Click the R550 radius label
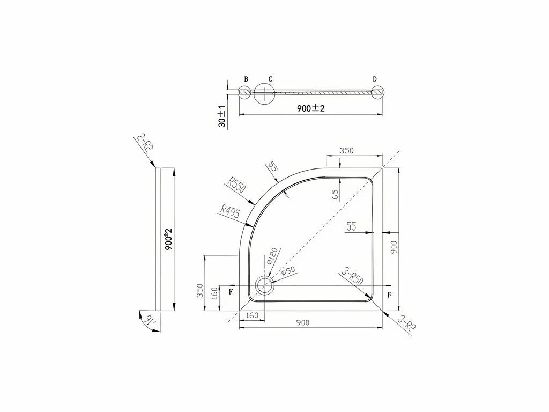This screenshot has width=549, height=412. pyautogui.click(x=237, y=185)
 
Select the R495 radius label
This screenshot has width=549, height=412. pyautogui.click(x=229, y=211)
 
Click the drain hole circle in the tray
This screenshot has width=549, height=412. pyautogui.click(x=265, y=285)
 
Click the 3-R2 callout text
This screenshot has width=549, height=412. pyautogui.click(x=407, y=324)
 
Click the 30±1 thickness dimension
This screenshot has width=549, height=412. pyautogui.click(x=222, y=116)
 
